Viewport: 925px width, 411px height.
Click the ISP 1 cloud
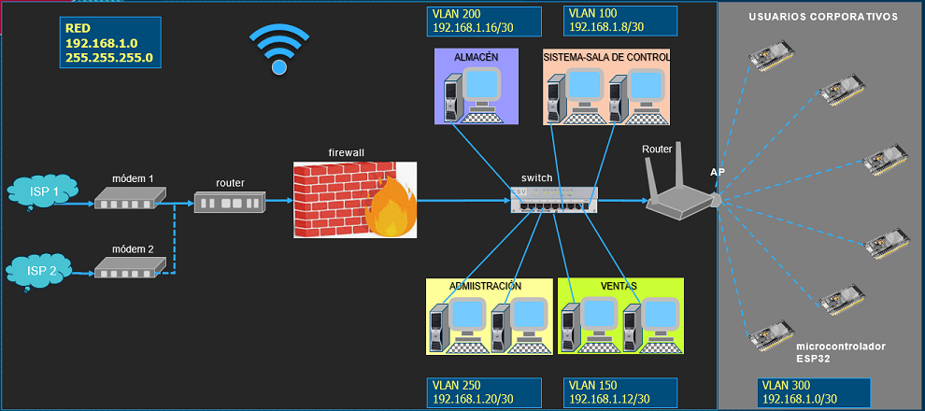[x=40, y=193]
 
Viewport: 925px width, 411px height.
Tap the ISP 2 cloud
[x=40, y=271]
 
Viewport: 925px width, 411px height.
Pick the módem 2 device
[x=130, y=269]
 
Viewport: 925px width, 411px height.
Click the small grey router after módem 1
[x=230, y=202]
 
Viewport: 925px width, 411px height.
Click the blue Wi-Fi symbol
[x=278, y=50]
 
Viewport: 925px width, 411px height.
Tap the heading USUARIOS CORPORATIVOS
[x=823, y=17]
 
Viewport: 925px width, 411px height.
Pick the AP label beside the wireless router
[x=718, y=173]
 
